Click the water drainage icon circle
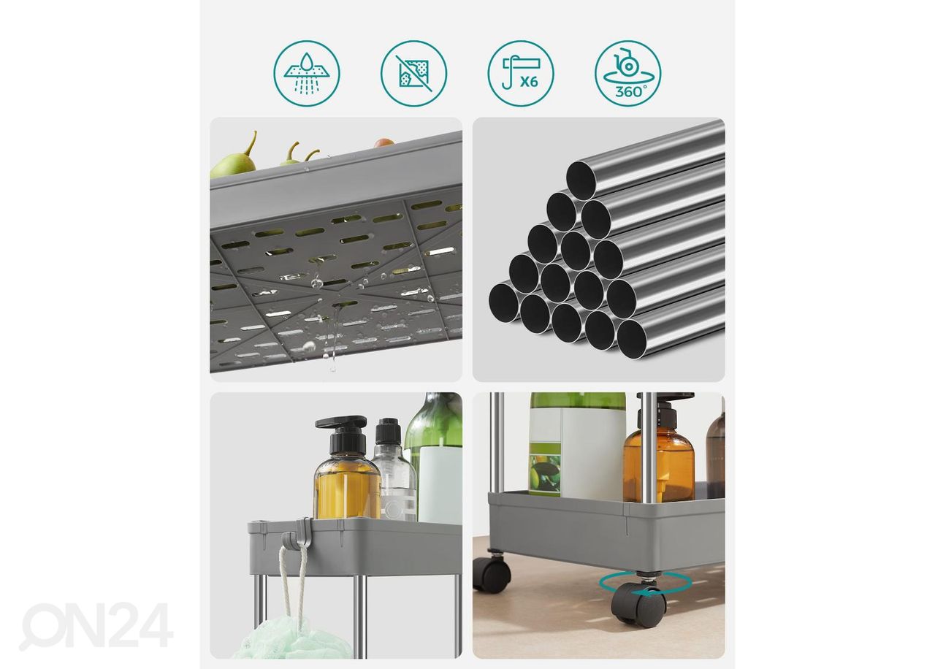pos(307,74)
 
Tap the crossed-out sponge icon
pos(413,74)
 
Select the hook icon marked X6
pos(521,74)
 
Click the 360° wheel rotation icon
pos(627,74)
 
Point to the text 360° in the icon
pos(630,91)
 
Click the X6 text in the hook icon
pos(529,81)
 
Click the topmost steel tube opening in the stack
pos(581,180)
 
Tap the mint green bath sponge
pos(293,640)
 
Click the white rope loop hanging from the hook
pos(293,584)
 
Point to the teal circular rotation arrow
pos(645,583)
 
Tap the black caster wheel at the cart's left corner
pos(492,573)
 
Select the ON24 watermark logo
pos(96,626)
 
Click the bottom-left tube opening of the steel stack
pos(504,302)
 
